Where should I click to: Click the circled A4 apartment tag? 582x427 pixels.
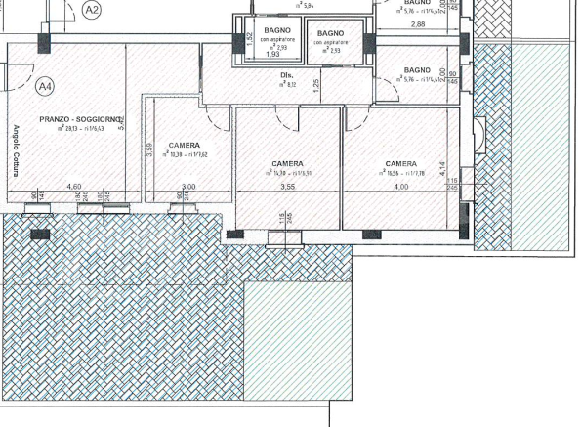pos(45,87)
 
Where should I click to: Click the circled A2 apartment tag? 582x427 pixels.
pos(93,10)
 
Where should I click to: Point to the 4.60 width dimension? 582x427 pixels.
pos(73,186)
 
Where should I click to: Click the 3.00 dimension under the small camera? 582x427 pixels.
pos(188,186)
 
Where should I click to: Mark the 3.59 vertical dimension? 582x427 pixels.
pos(149,150)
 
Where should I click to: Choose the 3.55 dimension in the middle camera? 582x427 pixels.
pos(287,186)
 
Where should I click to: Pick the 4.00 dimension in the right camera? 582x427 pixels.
pos(400,186)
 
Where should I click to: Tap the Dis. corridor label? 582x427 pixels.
pos(287,75)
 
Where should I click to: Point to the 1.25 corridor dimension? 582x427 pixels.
pos(315,86)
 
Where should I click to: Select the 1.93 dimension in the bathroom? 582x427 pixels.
pos(273,55)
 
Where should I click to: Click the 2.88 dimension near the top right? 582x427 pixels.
pos(418,23)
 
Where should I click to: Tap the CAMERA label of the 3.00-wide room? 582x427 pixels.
pos(185,145)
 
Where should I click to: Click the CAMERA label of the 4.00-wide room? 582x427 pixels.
pos(401,163)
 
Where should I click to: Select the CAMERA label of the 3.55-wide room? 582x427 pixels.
pos(287,163)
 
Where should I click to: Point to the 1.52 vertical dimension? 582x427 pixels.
pos(250,40)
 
